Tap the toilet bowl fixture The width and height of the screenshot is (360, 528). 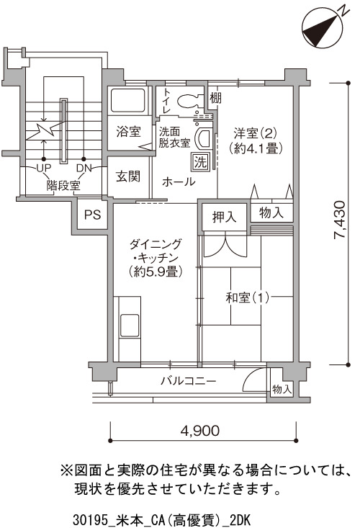pos(190,100)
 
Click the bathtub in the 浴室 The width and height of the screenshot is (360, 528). pos(128,100)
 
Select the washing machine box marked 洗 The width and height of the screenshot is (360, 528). pos(201,162)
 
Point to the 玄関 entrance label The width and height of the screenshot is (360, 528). pos(128,176)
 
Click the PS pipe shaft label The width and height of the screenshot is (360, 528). pos(93,215)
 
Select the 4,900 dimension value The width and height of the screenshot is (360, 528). pos(200,430)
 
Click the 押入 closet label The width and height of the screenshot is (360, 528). pos(225,217)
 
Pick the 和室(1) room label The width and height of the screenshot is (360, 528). pos(248,297)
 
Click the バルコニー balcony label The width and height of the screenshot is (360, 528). pos(188,381)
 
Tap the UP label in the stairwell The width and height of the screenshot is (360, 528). pos(43,168)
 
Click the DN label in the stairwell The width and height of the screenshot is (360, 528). pos(84,168)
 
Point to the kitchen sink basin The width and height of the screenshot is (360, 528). pos(130,326)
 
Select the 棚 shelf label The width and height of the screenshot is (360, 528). pos(216,98)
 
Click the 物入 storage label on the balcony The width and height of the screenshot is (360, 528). pos(282,389)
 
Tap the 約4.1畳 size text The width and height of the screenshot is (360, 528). pos(256,148)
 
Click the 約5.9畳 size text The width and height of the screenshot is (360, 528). pos(156,272)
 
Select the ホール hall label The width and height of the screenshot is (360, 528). pos(179,182)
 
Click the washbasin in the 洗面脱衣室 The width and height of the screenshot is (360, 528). pos(203,139)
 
